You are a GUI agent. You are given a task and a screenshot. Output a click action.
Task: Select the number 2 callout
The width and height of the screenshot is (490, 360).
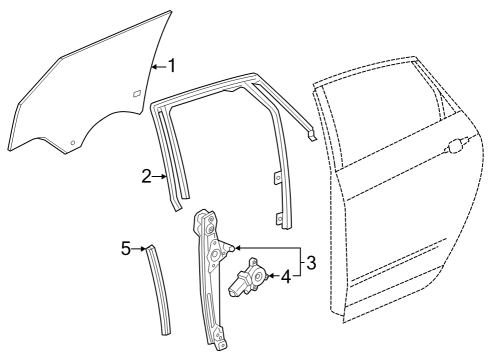click(x=146, y=176)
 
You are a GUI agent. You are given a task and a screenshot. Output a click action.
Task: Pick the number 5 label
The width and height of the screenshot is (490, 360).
click(x=126, y=246)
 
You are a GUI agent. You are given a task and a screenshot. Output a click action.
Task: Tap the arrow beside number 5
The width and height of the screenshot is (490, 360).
click(x=141, y=247)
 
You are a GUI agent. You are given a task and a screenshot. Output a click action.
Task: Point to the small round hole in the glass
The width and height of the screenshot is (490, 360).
click(x=72, y=142)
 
